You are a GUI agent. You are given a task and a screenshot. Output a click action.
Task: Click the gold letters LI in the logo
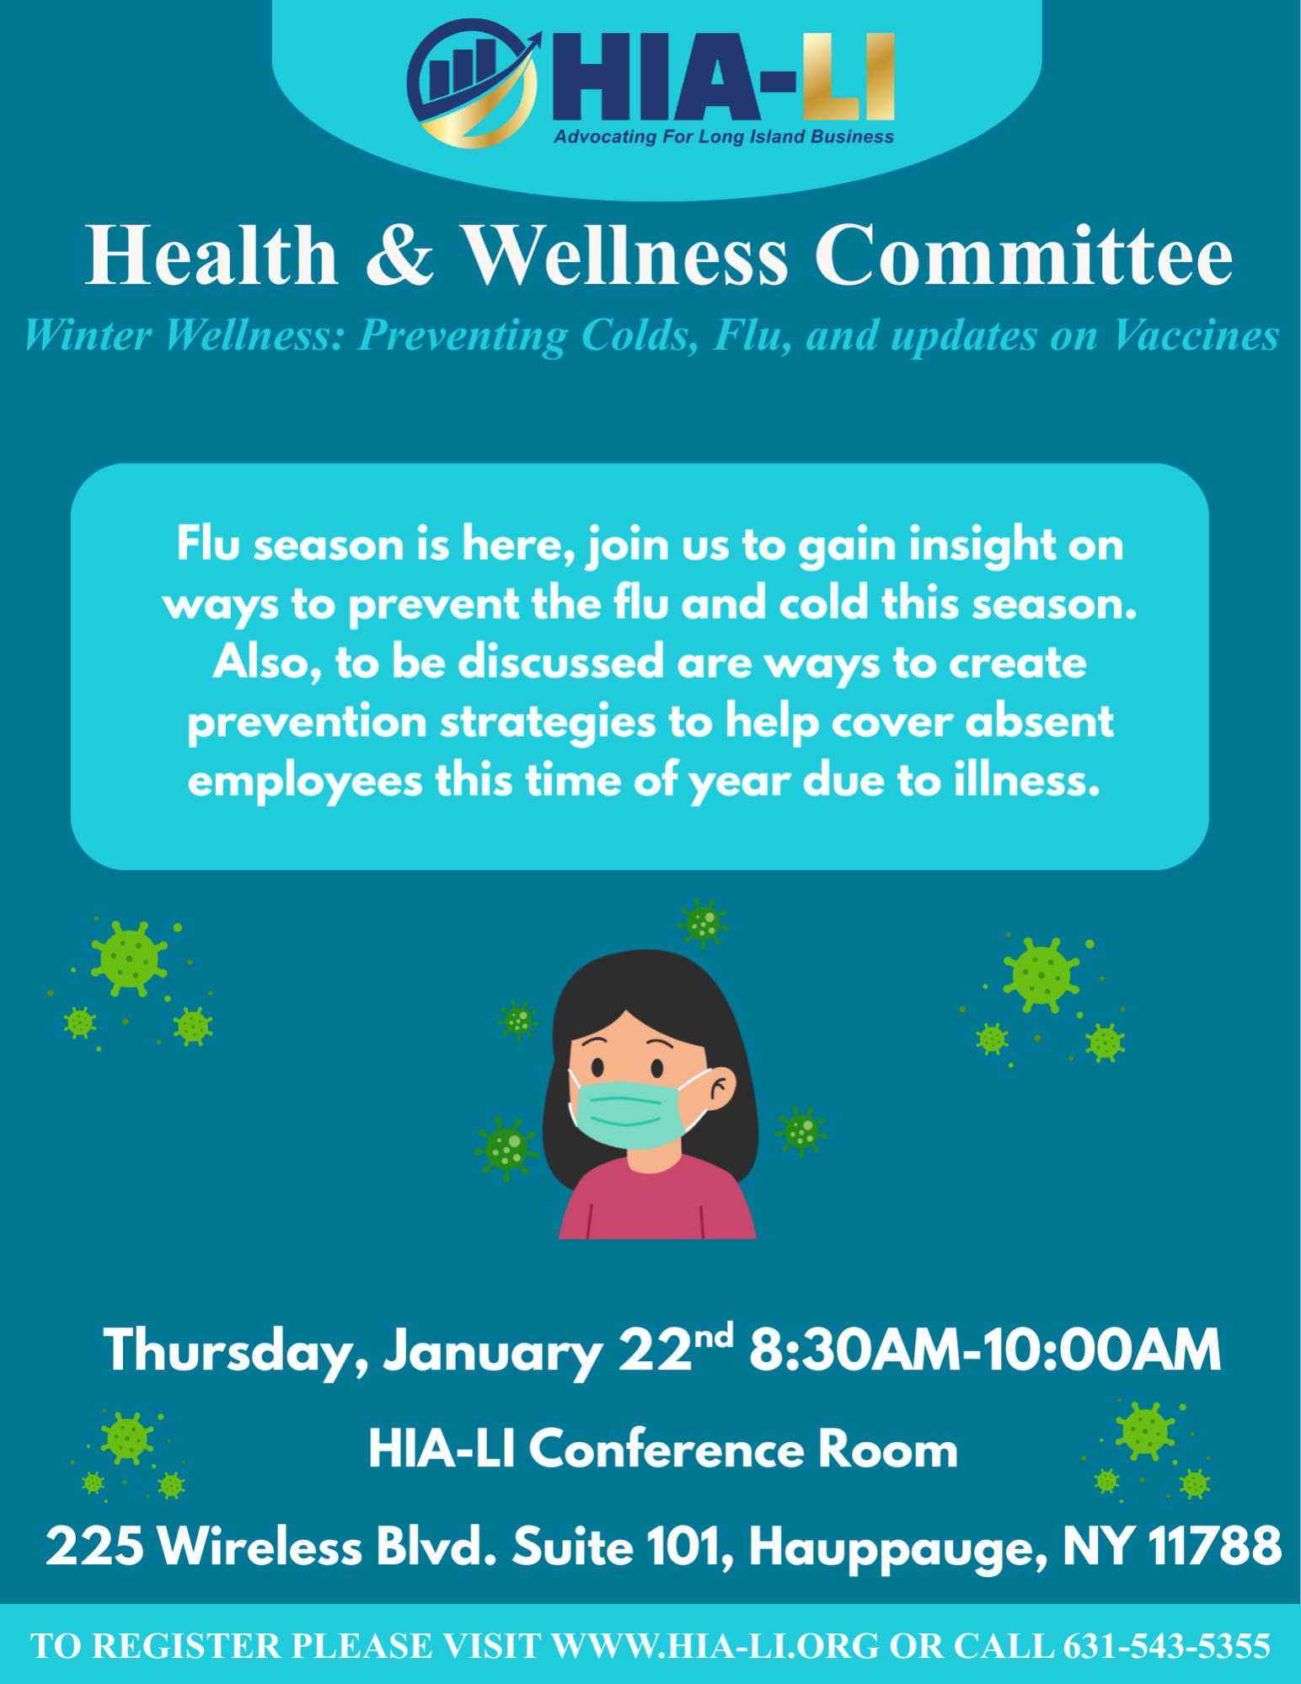pyautogui.click(x=849, y=78)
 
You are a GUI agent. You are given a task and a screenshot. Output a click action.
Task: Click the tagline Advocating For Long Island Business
pyautogui.click(x=724, y=137)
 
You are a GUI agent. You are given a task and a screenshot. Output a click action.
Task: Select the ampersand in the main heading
pyautogui.click(x=400, y=255)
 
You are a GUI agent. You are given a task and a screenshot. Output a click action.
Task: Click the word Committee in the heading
pyautogui.click(x=1023, y=255)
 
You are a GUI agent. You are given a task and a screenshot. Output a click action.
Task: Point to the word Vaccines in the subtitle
pyautogui.click(x=1196, y=335)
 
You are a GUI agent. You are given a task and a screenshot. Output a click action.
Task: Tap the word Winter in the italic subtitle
pyautogui.click(x=88, y=335)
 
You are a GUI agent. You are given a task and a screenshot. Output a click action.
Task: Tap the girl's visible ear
pyautogui.click(x=720, y=1093)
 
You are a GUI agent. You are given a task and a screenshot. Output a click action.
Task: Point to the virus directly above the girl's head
pyautogui.click(x=703, y=923)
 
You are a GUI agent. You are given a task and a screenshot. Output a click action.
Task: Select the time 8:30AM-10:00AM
pyautogui.click(x=985, y=1349)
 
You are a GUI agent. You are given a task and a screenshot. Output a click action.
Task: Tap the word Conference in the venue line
pyautogui.click(x=666, y=1450)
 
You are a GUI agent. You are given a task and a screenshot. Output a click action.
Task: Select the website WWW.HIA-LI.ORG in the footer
pyautogui.click(x=715, y=1646)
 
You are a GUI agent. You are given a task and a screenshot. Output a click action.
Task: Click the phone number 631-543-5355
pyautogui.click(x=1167, y=1646)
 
